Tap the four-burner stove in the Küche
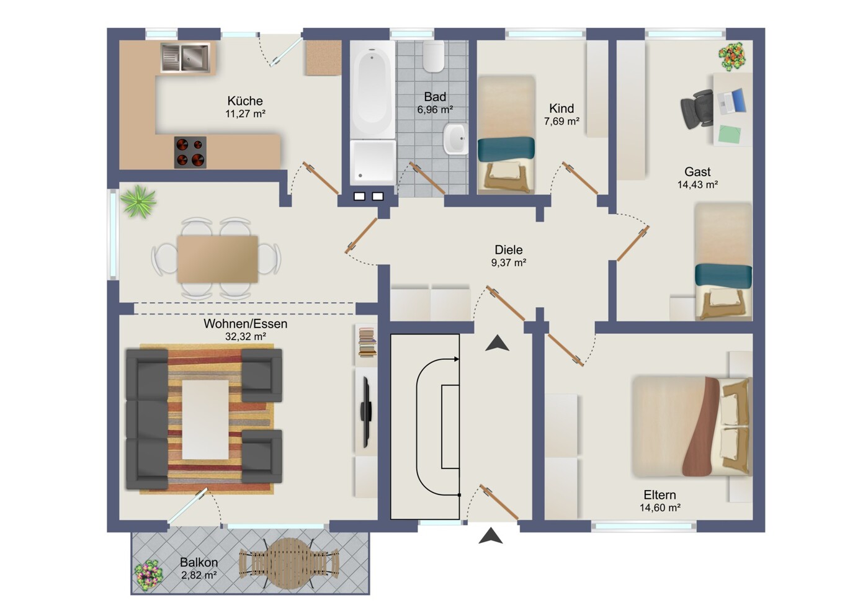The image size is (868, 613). [x=190, y=152]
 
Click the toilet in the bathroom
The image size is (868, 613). [x=434, y=56]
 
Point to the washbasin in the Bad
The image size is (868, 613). [x=455, y=139]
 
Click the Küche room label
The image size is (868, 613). [x=245, y=101]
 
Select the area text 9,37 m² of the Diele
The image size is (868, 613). [x=508, y=262]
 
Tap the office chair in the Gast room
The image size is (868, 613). [x=697, y=109]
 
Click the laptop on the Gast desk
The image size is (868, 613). [x=732, y=101]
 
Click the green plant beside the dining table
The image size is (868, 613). [x=138, y=201]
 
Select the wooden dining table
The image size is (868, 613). [x=217, y=259]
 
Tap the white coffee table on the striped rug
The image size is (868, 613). [x=205, y=419]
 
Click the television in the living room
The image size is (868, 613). [x=366, y=413]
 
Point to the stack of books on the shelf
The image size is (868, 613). [x=367, y=342]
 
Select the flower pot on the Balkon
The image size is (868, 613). [x=148, y=575]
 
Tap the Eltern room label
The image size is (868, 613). [x=660, y=495]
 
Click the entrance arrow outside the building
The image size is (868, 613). [x=490, y=535]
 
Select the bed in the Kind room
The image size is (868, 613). [x=506, y=135]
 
